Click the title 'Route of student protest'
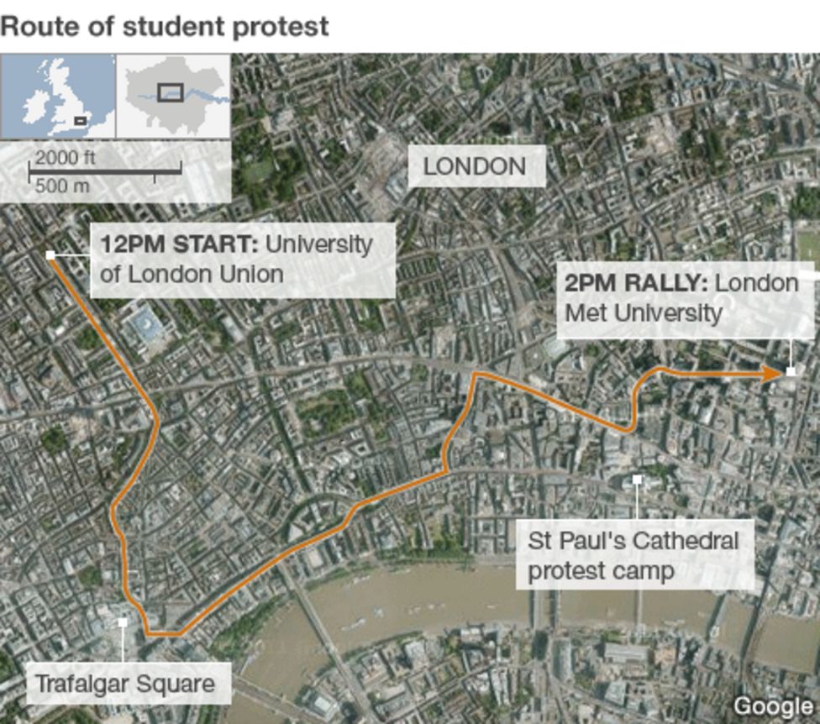[x=165, y=26]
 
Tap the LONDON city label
[x=475, y=166]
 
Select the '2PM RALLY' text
[x=635, y=283]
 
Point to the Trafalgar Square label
[x=124, y=684]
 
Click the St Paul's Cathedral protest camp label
[x=633, y=555]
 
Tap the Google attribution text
[x=772, y=706]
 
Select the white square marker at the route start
[x=51, y=255]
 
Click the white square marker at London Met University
[x=791, y=371]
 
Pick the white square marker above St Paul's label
[x=637, y=480]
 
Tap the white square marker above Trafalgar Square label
[x=123, y=622]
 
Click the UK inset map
[x=58, y=96]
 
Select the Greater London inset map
[x=173, y=96]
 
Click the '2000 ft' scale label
[x=65, y=159]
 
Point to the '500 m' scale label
[x=62, y=186]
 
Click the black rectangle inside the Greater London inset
[x=171, y=92]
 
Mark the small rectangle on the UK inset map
[x=80, y=121]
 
